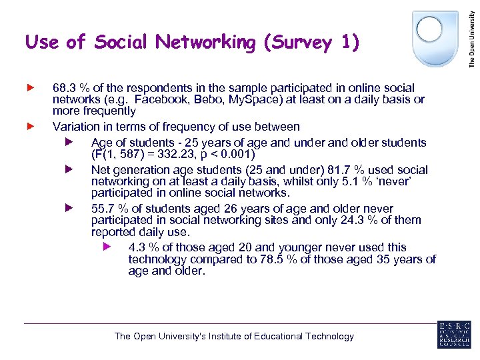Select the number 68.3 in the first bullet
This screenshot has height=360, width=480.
tap(64, 88)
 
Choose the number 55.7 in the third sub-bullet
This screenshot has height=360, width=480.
tap(103, 209)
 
